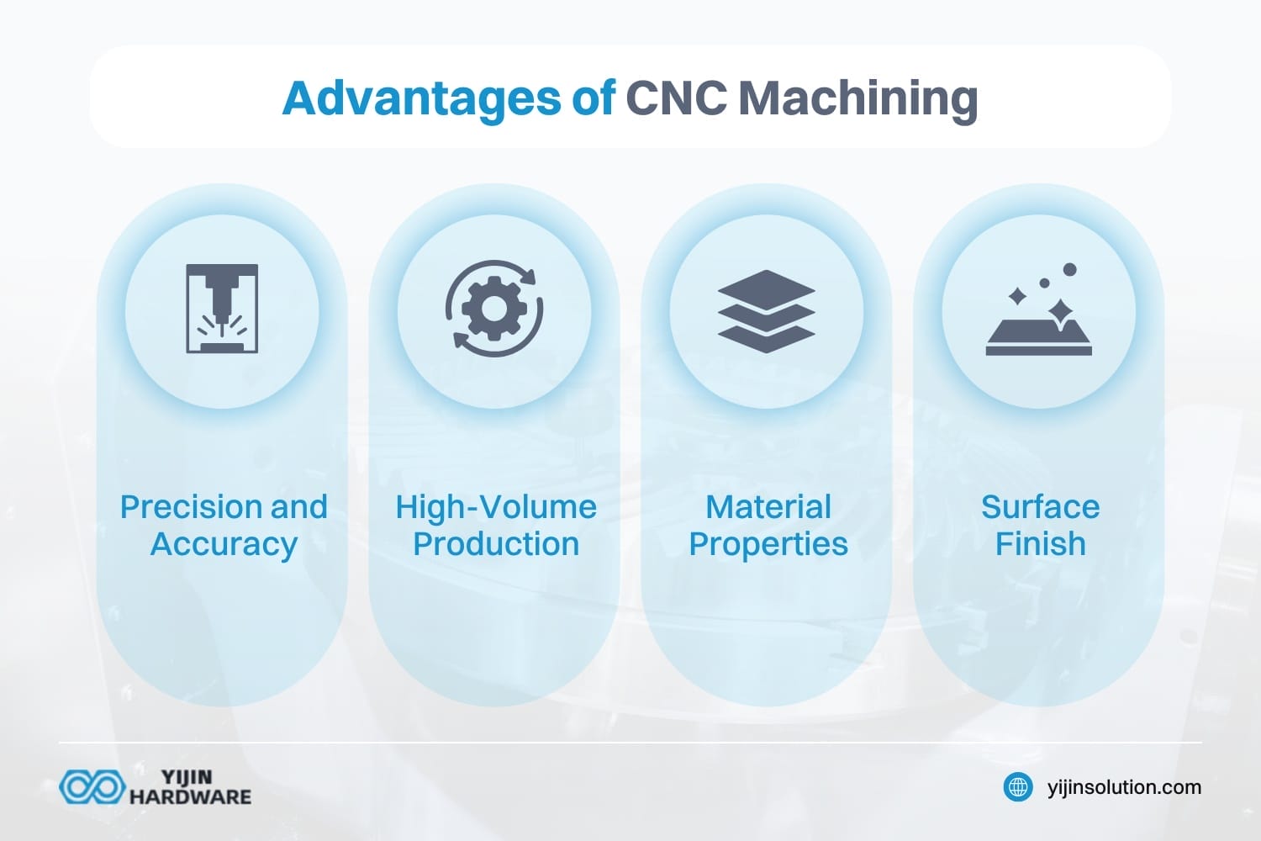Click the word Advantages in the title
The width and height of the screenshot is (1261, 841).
[421, 98]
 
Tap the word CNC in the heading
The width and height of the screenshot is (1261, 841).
[676, 98]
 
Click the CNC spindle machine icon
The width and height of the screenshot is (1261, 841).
[222, 309]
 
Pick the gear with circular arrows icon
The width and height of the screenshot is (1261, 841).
[494, 309]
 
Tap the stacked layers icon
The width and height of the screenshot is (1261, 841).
[767, 311]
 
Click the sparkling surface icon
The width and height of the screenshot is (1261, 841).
[1039, 311]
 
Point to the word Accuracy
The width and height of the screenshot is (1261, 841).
[224, 544]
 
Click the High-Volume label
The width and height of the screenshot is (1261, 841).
[496, 507]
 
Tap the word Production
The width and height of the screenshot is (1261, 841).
[496, 544]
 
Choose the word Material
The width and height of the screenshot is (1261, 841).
[768, 507]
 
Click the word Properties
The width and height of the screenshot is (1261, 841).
[768, 544]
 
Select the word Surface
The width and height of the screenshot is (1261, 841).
[1040, 507]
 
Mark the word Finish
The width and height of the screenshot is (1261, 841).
[1040, 544]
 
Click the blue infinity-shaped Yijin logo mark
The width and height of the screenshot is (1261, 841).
[92, 787]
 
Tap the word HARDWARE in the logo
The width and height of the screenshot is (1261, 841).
[190, 796]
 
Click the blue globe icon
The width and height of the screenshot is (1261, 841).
[1019, 787]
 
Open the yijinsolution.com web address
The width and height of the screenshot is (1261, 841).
[1124, 787]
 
